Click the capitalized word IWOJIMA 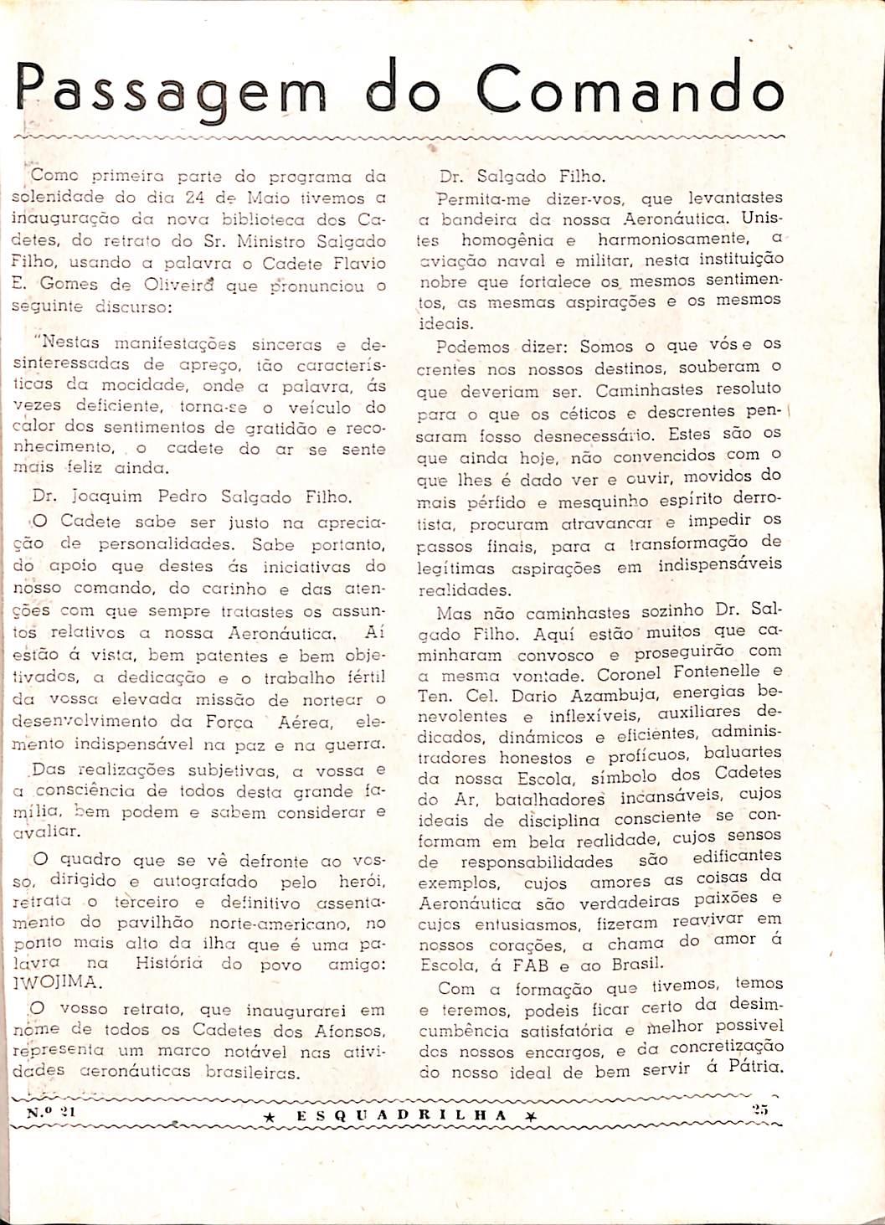click(x=56, y=983)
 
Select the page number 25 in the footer click(x=760, y=1109)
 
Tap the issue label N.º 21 click(x=51, y=1112)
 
